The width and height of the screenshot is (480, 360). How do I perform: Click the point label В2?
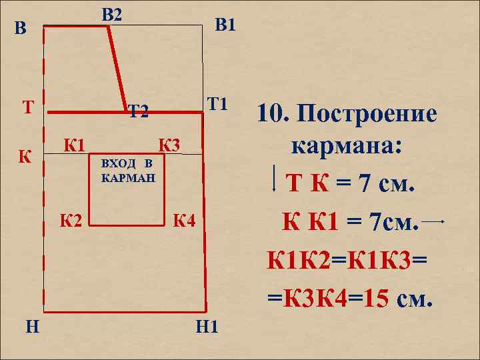click(112, 13)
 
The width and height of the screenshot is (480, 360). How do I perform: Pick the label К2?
click(71, 219)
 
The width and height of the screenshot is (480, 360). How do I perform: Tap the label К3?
click(168, 143)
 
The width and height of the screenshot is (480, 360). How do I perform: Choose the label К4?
click(183, 219)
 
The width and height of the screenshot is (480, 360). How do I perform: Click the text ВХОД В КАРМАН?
click(127, 171)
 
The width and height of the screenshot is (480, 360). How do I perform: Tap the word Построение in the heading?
click(366, 115)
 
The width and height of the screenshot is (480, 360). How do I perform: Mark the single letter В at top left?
click(22, 29)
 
